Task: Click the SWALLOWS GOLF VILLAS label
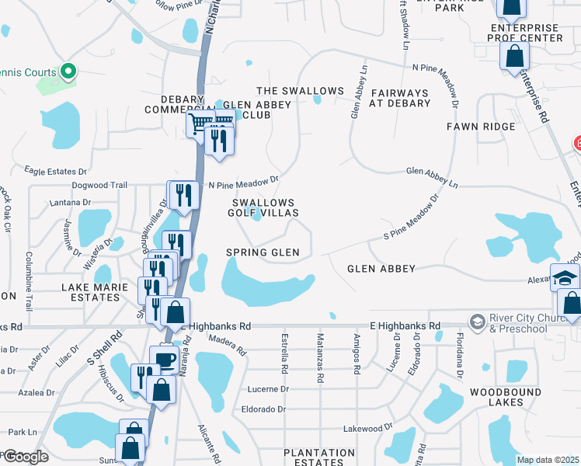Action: pos(264,207)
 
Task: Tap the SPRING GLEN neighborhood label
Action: pos(263,252)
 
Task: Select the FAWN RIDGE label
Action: pos(481,126)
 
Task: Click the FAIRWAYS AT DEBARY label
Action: pos(400,97)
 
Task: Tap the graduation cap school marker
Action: pos(565,276)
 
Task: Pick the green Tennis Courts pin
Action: pos(68,72)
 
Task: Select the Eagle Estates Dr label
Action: pos(57,171)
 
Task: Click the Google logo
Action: pos(26,457)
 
